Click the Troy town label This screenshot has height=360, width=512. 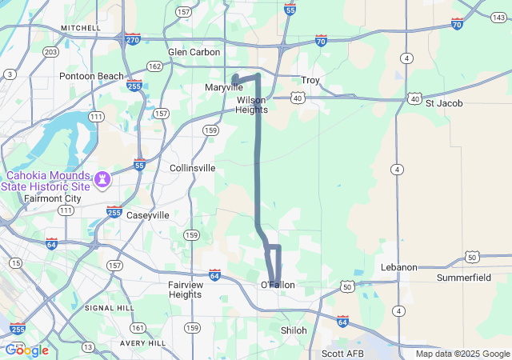[310, 80]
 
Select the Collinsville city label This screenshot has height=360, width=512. [192, 168]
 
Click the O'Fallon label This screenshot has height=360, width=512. [278, 285]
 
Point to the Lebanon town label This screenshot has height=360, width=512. [398, 267]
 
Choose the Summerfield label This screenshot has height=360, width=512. [464, 278]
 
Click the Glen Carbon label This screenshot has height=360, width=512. [194, 52]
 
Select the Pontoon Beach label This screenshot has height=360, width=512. [91, 76]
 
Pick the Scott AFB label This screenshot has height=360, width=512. [342, 353]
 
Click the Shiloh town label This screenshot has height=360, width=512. [294, 330]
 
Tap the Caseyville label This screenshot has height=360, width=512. [148, 215]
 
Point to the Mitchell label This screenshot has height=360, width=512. [81, 27]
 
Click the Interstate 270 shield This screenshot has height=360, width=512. [131, 38]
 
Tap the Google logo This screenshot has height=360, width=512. [26, 350]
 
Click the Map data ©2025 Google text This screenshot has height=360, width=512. [462, 354]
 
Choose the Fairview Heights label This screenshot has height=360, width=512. [185, 289]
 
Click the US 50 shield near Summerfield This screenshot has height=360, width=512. [471, 258]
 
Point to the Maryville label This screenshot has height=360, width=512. [223, 86]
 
